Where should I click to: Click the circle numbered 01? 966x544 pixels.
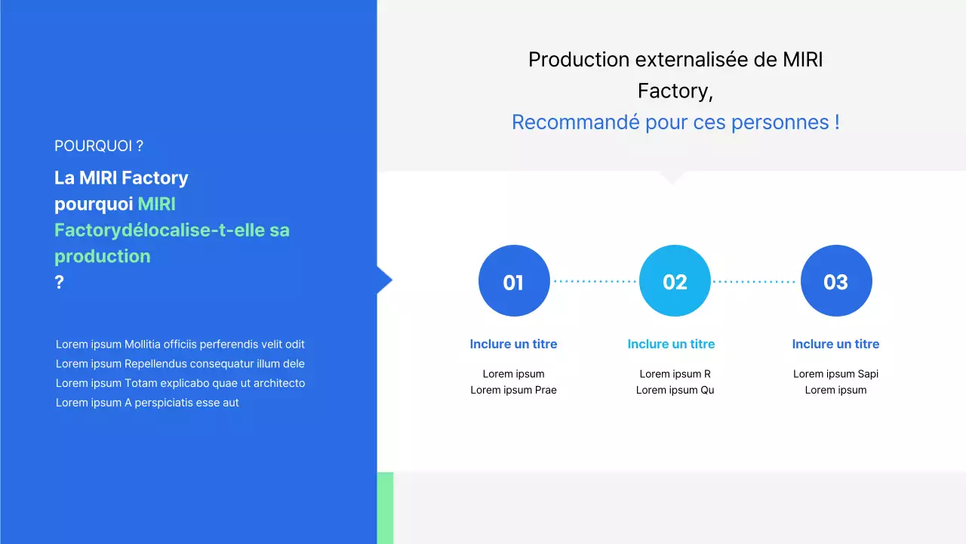click(x=513, y=281)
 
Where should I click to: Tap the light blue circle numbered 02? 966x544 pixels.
click(x=675, y=281)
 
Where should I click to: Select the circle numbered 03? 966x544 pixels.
click(x=835, y=281)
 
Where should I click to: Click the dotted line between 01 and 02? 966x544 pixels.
click(x=594, y=281)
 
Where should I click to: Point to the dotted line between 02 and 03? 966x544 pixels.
click(x=755, y=281)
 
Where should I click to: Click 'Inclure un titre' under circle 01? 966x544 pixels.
click(x=513, y=344)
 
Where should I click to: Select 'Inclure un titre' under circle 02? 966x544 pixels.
click(x=671, y=344)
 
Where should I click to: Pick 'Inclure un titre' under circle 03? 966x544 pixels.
click(x=835, y=344)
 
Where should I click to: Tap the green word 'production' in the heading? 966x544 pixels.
click(x=103, y=256)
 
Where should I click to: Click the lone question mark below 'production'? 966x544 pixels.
click(x=59, y=283)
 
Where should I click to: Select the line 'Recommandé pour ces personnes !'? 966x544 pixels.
click(x=675, y=122)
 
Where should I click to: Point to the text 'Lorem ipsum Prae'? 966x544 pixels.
click(x=513, y=390)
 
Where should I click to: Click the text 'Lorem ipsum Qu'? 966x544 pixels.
click(x=675, y=390)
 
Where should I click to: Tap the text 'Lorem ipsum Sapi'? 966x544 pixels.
click(x=835, y=374)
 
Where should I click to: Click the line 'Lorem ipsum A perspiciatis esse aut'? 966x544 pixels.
click(x=147, y=403)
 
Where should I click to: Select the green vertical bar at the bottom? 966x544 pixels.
click(x=385, y=508)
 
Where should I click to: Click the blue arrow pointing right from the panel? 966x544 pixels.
click(x=384, y=280)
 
